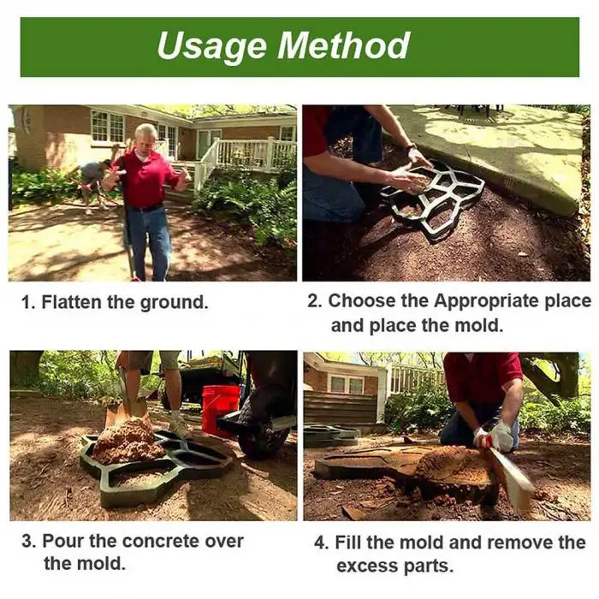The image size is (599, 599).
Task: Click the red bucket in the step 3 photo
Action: pyautogui.click(x=221, y=409)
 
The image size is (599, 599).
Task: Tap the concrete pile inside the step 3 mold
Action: pyautogui.click(x=128, y=441)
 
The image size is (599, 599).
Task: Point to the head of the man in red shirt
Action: pyautogui.click(x=146, y=137)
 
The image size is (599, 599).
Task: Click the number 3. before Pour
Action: pyautogui.click(x=27, y=541)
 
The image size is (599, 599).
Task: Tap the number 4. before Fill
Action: pyautogui.click(x=320, y=543)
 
